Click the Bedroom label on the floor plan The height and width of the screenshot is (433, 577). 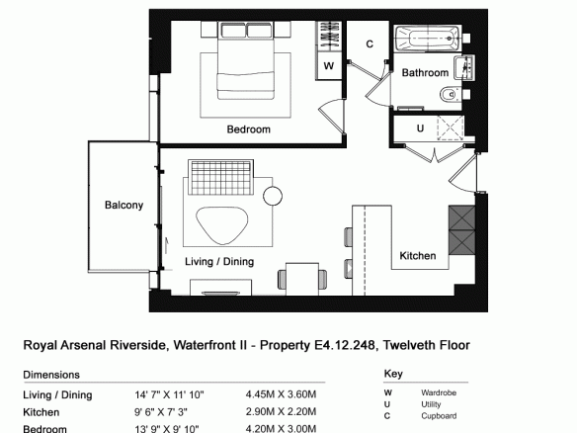249,130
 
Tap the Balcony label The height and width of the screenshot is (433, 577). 124,205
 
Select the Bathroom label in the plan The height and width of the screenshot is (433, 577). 425,72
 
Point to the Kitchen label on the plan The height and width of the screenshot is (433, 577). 418,255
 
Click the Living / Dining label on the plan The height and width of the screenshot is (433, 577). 219,261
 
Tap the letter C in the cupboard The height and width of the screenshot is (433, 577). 370,44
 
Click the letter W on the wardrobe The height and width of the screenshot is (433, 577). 329,66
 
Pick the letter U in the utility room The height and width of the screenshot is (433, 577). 420,129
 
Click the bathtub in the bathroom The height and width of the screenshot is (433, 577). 428,39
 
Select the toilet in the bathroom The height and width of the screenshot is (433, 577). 451,94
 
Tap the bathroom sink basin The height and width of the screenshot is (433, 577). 464,67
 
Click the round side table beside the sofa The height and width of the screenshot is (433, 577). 273,196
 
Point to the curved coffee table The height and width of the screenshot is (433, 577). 222,224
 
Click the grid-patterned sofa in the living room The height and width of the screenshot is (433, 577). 220,177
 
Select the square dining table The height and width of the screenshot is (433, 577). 302,279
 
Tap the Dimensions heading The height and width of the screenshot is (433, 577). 51,375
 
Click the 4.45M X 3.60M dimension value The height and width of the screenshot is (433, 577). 281,394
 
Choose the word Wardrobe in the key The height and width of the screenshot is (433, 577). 439,392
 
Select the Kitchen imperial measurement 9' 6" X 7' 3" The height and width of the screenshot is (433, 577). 161,411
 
